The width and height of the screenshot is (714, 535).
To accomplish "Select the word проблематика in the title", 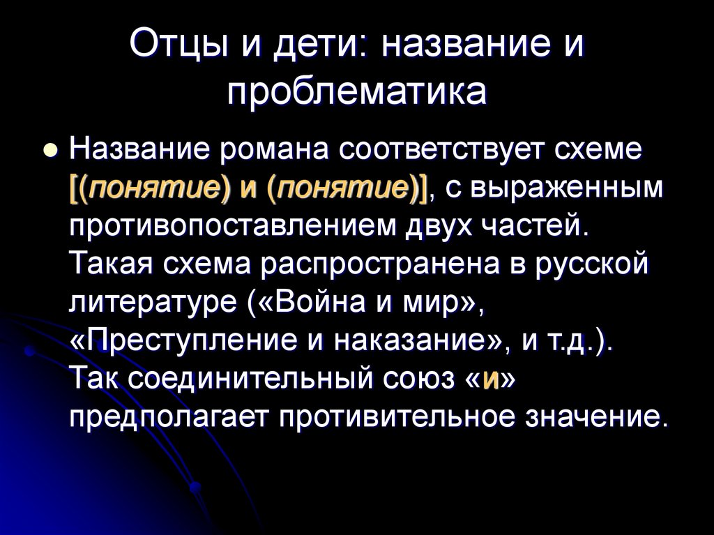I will click(356, 92).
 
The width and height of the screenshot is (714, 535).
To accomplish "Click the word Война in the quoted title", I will click(321, 304).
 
